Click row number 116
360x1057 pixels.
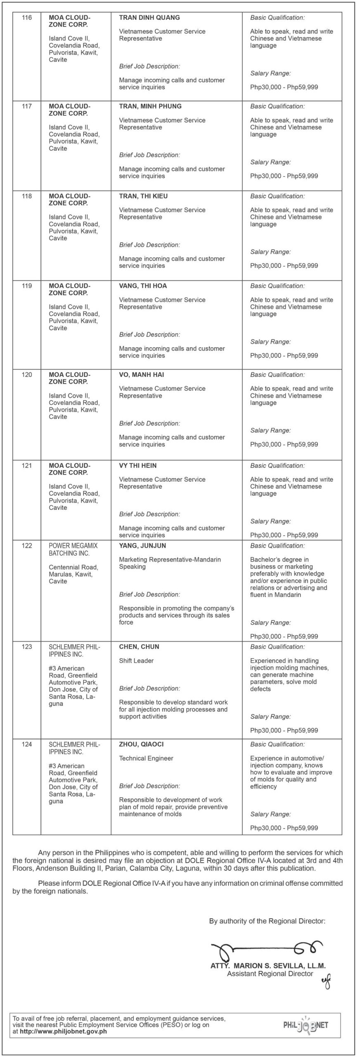26,18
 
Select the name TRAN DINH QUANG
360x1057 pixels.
149,18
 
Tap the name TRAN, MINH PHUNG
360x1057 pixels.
150,106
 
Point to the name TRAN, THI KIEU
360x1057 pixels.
143,196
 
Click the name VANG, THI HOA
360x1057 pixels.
143,286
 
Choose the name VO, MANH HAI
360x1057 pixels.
142,374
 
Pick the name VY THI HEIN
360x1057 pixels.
137,465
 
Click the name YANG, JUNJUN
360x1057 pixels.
142,545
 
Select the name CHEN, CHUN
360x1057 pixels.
139,647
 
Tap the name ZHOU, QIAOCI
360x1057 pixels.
141,744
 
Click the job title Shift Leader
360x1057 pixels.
136,661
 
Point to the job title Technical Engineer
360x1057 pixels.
146,758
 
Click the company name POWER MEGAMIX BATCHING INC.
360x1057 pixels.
73,549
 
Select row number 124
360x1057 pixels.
26,744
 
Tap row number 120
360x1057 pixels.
26,374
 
